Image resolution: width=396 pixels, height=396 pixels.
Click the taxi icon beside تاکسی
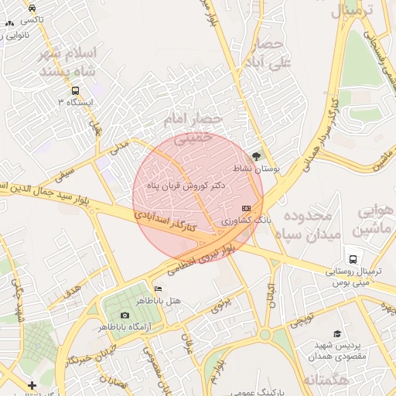click(x=32, y=7)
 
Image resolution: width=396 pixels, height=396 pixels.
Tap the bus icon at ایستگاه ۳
click(x=75, y=90)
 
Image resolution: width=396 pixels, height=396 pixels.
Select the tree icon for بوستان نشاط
click(x=258, y=155)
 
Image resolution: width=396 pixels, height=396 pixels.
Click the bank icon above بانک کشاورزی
click(x=247, y=209)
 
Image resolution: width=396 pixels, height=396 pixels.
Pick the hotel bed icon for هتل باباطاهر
click(x=159, y=288)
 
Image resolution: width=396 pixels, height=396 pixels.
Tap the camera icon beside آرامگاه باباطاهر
click(x=125, y=315)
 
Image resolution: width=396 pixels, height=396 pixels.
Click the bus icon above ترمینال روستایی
click(x=353, y=260)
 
